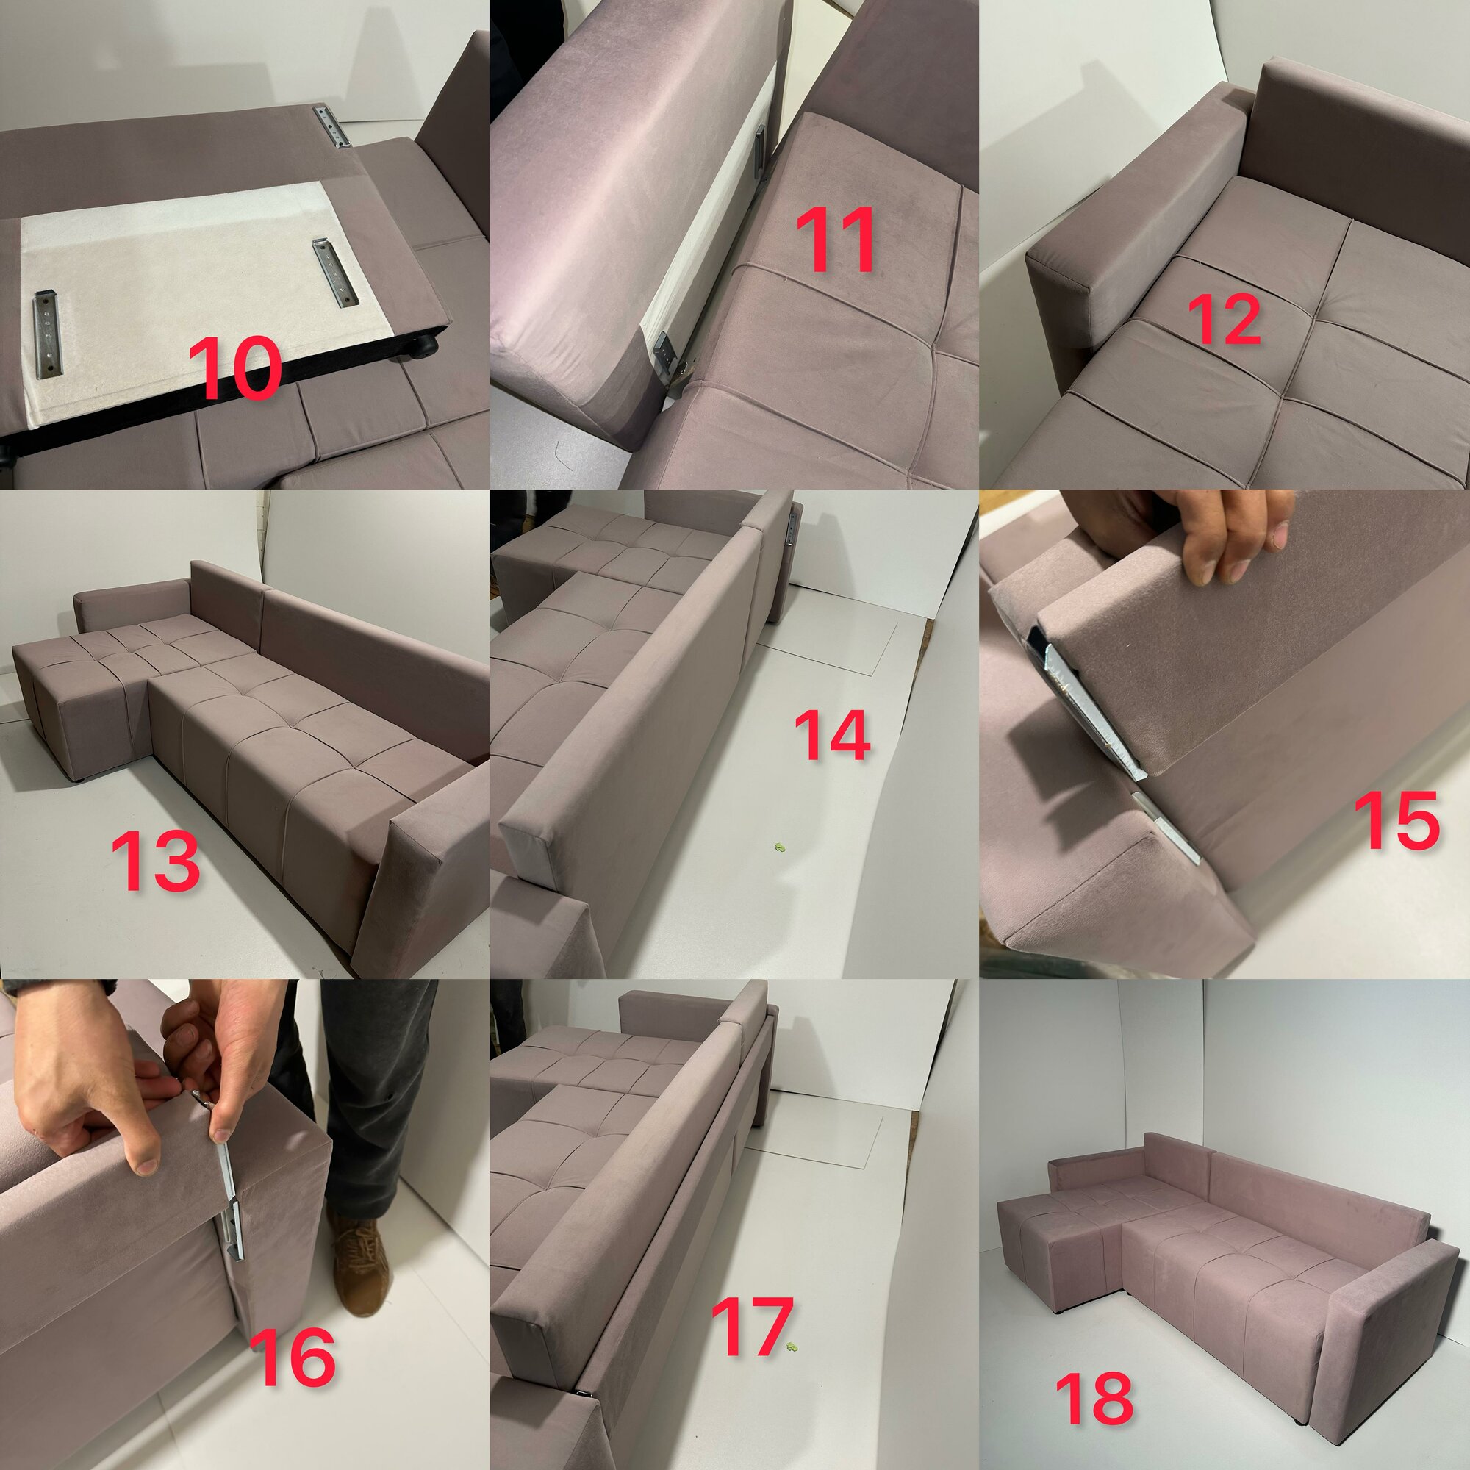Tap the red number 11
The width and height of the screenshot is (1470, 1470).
click(835, 240)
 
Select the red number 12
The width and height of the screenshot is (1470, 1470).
click(1224, 319)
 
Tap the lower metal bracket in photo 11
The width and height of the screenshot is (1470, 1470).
click(665, 354)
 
